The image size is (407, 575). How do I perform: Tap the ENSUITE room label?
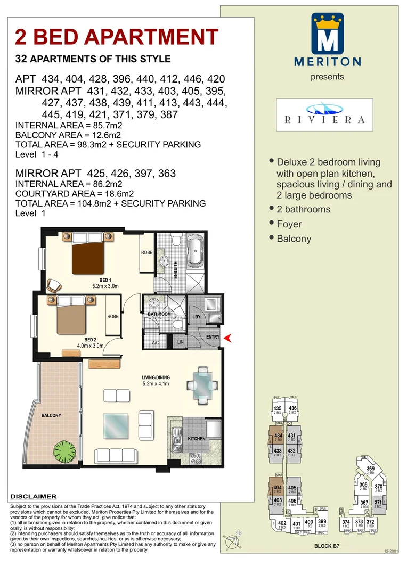(176, 277)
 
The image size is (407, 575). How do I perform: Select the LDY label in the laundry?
(196, 318)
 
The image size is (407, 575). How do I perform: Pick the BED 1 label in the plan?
(105, 280)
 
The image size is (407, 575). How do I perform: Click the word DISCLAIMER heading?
(34, 496)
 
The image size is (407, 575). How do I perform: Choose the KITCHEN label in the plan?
(196, 439)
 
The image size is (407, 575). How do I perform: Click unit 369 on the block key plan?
(370, 469)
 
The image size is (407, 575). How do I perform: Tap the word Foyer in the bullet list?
(289, 224)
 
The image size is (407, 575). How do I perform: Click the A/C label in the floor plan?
(156, 342)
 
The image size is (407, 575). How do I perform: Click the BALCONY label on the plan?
(51, 415)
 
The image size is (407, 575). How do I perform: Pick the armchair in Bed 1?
(54, 285)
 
